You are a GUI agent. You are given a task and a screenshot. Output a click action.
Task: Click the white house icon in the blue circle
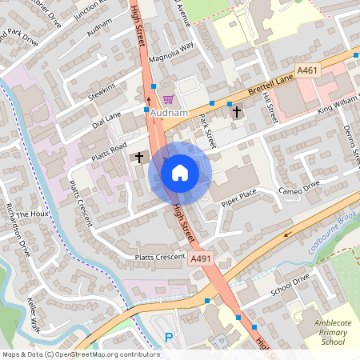(x=180, y=172)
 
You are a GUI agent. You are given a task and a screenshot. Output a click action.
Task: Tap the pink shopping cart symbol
(x=168, y=99)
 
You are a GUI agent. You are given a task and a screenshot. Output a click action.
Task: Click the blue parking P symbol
(x=169, y=338)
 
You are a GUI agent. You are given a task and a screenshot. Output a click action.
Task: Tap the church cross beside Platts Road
(x=139, y=156)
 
